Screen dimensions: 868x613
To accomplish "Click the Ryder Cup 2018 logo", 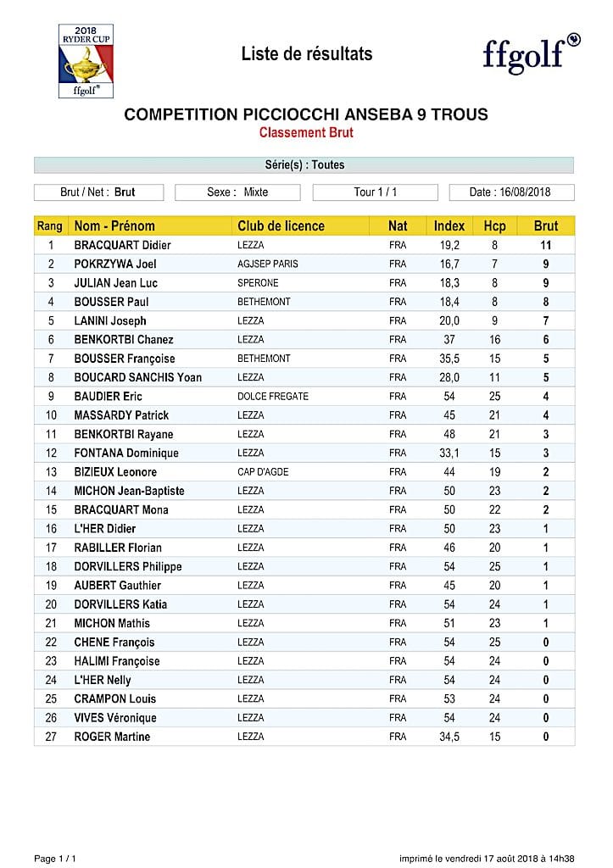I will coord(86,61).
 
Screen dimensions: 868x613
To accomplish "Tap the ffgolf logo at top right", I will coord(531,53).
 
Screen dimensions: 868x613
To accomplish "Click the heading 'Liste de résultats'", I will coord(307,54).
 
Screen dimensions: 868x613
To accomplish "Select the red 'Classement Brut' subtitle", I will coord(306,132).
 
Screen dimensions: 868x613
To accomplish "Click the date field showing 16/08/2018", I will coord(511,192).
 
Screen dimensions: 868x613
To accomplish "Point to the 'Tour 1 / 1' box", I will coord(375,192).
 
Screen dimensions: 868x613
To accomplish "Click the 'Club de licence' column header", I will coord(281,226).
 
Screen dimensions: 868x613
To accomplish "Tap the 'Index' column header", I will coord(449,226).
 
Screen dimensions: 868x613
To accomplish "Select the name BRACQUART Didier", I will coord(122,245).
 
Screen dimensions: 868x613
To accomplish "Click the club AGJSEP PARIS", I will coord(268,264).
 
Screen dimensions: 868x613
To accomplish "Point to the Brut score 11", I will coord(546,245).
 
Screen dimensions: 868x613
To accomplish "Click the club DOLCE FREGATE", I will coord(273,396).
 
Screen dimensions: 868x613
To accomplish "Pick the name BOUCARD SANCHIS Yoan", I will coord(137,377).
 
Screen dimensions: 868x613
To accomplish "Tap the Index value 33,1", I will coord(449,453).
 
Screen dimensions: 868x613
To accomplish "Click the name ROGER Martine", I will coord(112,737).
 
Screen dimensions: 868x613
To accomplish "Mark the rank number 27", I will coord(50,737).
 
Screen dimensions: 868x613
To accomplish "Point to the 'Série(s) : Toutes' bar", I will coord(304,165).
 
